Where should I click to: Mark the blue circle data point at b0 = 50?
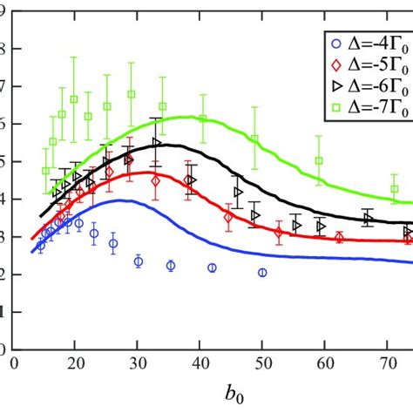262,273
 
